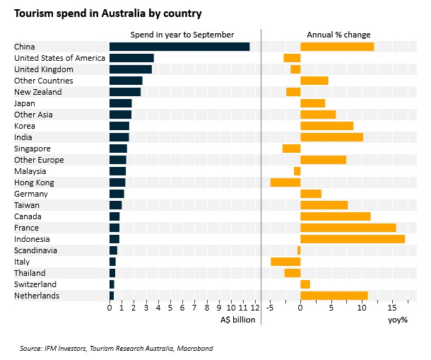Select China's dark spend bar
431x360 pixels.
tap(179, 47)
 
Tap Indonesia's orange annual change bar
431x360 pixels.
tap(353, 239)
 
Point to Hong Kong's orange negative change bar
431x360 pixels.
tap(285, 182)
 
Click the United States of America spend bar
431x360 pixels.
tap(131, 58)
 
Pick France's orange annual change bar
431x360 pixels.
tap(348, 228)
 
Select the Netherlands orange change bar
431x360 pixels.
tap(334, 296)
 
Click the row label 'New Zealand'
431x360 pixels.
tap(37, 92)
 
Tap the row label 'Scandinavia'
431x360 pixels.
tap(35, 250)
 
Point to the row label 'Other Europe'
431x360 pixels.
tap(39, 160)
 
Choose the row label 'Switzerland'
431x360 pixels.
tap(35, 284)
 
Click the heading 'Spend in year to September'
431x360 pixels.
tap(182, 35)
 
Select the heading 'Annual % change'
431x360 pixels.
tap(338, 35)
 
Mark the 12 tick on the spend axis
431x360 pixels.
tap(255, 308)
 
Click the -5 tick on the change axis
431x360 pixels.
tap(269, 308)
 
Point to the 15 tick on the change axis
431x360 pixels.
tap(392, 308)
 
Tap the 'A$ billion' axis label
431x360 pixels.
tap(238, 320)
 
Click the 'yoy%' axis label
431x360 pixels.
tap(398, 320)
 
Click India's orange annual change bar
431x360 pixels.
tap(331, 137)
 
